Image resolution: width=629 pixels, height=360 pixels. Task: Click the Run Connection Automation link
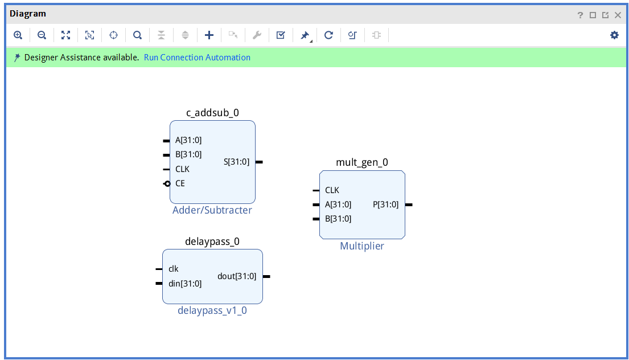[197, 58]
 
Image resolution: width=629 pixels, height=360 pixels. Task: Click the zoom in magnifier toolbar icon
[18, 35]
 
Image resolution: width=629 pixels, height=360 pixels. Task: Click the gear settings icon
[614, 35]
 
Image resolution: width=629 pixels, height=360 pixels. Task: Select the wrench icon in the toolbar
[257, 35]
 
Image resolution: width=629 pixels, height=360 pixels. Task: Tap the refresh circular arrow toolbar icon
[328, 35]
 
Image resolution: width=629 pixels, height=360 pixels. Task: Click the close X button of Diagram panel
[618, 15]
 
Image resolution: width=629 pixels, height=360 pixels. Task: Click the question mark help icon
[580, 15]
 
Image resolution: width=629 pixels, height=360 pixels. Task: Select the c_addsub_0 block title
[212, 113]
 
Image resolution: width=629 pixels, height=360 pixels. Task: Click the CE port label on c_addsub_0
[180, 183]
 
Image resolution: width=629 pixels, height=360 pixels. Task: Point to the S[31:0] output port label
[236, 162]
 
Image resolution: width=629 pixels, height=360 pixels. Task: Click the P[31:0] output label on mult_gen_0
[385, 204]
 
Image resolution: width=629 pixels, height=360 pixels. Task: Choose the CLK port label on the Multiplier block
[332, 190]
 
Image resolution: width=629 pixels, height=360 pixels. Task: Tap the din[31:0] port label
[185, 283]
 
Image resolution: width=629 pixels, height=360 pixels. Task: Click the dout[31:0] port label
[237, 276]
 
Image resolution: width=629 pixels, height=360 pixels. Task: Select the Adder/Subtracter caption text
[212, 210]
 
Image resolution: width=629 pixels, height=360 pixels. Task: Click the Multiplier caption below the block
[362, 246]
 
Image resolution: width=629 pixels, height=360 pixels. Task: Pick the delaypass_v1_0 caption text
[212, 310]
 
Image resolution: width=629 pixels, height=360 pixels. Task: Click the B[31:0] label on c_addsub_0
[188, 154]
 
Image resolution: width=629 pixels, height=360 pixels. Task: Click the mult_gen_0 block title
[362, 162]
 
